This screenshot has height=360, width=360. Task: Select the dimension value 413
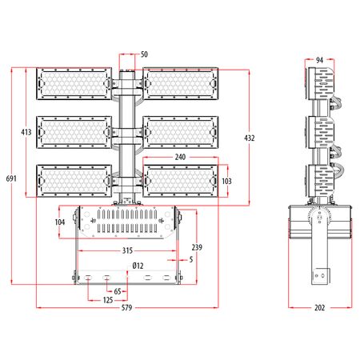(26, 131)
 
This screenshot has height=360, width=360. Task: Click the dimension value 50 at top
(144, 55)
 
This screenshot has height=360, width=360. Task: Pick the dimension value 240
(182, 158)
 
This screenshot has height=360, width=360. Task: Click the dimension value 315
(126, 251)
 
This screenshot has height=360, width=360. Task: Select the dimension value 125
(106, 301)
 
